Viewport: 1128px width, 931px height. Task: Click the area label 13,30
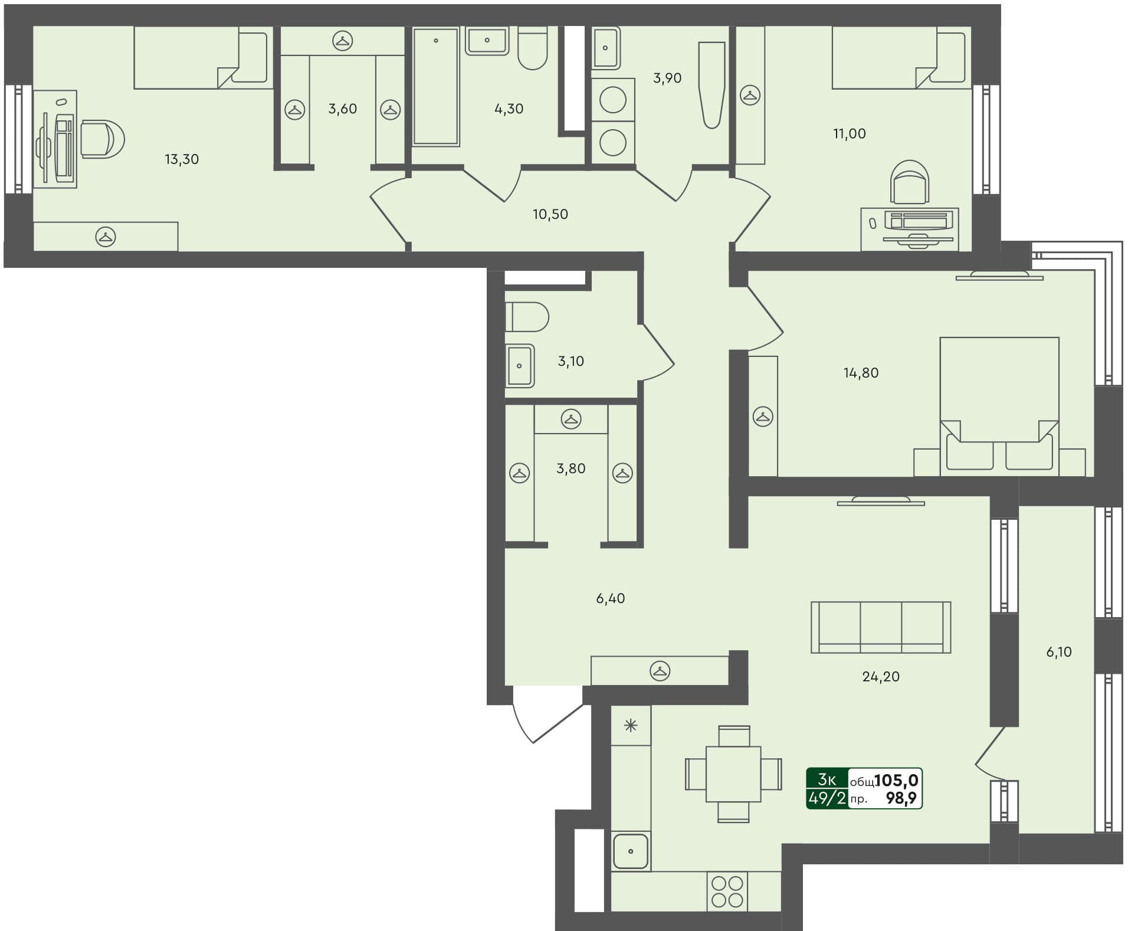click(182, 159)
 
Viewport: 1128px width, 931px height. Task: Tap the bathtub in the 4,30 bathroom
click(436, 86)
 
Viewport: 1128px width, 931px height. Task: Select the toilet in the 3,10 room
click(527, 317)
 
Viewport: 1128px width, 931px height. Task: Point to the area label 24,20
click(881, 677)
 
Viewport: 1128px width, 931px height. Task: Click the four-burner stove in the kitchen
click(727, 891)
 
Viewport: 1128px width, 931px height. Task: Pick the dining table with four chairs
click(733, 773)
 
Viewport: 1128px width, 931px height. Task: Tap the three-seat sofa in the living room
click(880, 627)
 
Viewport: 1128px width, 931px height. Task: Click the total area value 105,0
click(896, 781)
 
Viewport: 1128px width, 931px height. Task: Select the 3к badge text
click(827, 780)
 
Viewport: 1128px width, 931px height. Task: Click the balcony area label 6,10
click(1059, 652)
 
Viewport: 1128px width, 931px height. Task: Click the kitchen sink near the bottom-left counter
click(631, 851)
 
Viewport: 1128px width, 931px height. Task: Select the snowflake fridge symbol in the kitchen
click(631, 726)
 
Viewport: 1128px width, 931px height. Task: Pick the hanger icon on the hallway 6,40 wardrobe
click(660, 671)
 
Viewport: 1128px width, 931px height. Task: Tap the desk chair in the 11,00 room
click(910, 182)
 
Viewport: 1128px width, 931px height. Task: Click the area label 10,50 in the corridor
click(550, 215)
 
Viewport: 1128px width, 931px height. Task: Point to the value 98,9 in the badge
click(901, 799)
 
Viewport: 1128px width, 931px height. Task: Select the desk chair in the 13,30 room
click(103, 139)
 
